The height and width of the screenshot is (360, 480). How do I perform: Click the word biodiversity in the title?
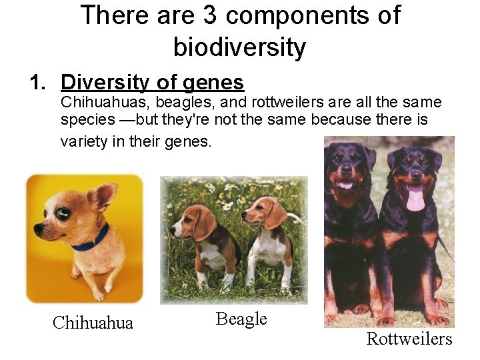click(x=239, y=47)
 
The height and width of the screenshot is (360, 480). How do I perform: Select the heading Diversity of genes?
click(x=152, y=82)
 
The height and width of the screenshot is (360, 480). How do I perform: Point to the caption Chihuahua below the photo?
click(x=93, y=323)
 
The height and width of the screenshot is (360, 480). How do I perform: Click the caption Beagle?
click(x=241, y=319)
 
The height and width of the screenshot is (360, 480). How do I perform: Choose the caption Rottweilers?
click(x=409, y=339)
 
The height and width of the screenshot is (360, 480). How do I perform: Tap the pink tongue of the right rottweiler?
click(x=415, y=198)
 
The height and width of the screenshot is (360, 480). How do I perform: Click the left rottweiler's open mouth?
click(x=345, y=185)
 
